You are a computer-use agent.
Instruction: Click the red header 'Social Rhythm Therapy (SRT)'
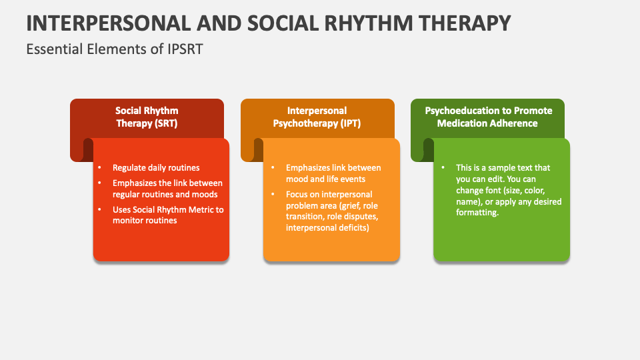tap(147, 117)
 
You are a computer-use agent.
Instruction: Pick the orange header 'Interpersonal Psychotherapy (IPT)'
tap(317, 117)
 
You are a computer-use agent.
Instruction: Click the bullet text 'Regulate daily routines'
tap(156, 168)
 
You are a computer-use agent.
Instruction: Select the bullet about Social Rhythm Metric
tap(168, 215)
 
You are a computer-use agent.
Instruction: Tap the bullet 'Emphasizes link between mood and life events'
tap(333, 173)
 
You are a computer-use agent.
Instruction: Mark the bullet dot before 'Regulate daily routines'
tap(99, 168)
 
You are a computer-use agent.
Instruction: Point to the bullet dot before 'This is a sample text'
tap(443, 168)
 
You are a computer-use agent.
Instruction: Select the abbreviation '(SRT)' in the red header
tap(165, 123)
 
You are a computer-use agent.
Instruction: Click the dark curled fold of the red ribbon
tap(87, 150)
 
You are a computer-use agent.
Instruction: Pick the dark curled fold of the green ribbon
tap(428, 150)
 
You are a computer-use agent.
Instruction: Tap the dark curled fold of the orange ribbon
tap(258, 150)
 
